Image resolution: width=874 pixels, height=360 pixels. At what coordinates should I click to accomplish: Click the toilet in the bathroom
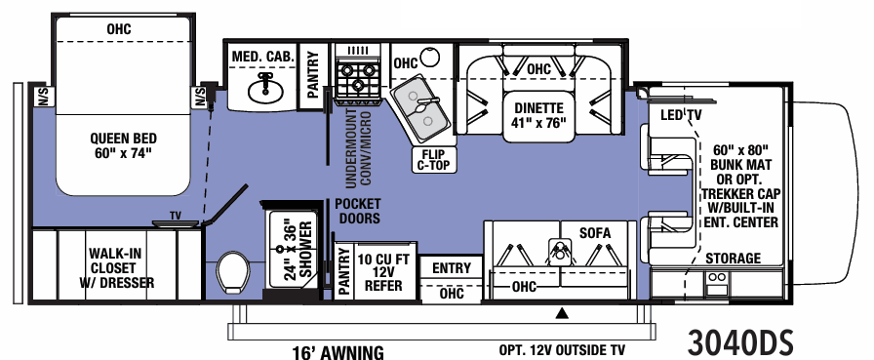tap(233, 271)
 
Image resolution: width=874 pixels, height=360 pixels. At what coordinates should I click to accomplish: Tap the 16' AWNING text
tap(338, 352)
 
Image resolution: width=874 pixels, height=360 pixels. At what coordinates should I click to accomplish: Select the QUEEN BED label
tap(124, 145)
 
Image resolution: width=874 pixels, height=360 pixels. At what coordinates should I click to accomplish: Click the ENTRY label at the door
tap(451, 268)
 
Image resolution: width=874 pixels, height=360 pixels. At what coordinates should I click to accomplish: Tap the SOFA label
tap(594, 233)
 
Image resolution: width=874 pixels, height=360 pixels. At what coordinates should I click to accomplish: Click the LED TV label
tap(681, 116)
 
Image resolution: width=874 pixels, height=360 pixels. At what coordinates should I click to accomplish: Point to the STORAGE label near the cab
tap(733, 258)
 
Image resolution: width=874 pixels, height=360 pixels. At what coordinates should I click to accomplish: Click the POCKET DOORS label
tap(357, 211)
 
